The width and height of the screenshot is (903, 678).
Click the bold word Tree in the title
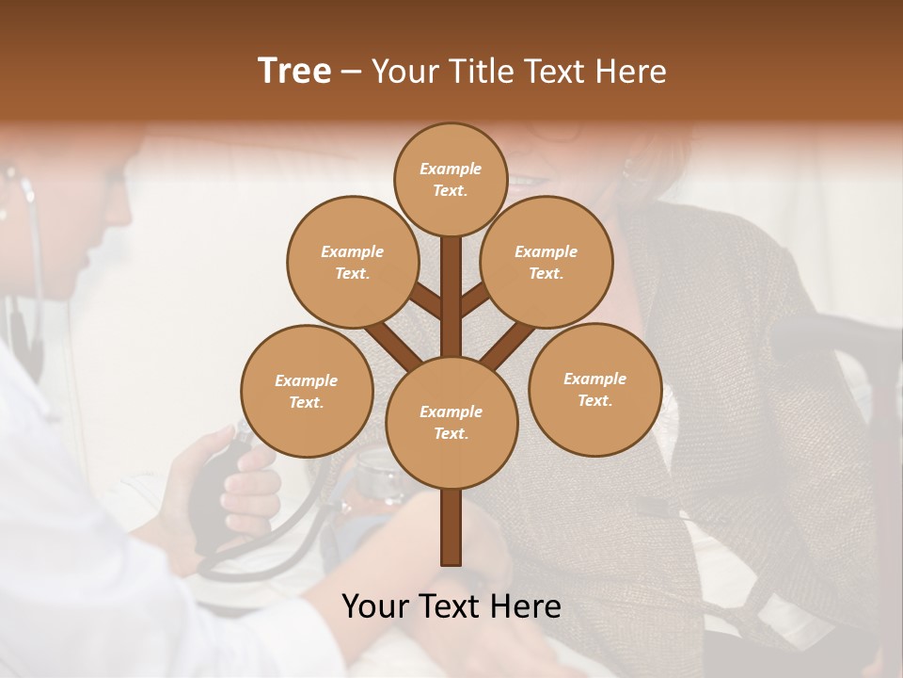click(x=294, y=72)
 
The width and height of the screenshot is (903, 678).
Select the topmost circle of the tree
click(x=451, y=179)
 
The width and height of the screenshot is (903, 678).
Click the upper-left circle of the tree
click(x=352, y=262)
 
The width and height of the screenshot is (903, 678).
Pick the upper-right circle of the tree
click(x=547, y=262)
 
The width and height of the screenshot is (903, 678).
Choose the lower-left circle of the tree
click(x=307, y=391)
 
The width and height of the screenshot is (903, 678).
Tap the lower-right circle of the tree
click(x=594, y=389)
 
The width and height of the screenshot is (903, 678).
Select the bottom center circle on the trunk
click(x=451, y=422)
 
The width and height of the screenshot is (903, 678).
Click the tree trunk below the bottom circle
click(x=451, y=527)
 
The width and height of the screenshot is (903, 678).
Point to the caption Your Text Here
click(x=451, y=606)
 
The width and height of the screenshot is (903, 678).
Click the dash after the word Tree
click(x=351, y=73)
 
